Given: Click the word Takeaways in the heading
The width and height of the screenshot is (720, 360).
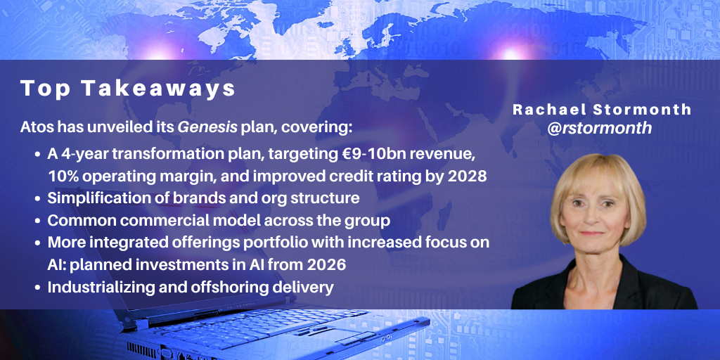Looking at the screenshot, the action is click(159, 90).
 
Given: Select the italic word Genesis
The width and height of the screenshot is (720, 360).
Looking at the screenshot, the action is click(207, 127).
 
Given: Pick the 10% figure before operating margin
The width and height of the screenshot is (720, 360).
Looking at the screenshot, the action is click(62, 176).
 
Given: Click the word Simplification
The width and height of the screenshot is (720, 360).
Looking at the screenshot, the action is click(92, 199).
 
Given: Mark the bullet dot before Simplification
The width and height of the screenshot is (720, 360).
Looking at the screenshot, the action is click(38, 199).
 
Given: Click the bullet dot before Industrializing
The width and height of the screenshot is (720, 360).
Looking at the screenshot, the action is click(38, 288).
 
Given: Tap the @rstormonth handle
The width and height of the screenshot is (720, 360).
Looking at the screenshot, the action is click(600, 128).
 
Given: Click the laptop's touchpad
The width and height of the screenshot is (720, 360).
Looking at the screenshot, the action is click(359, 339).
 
